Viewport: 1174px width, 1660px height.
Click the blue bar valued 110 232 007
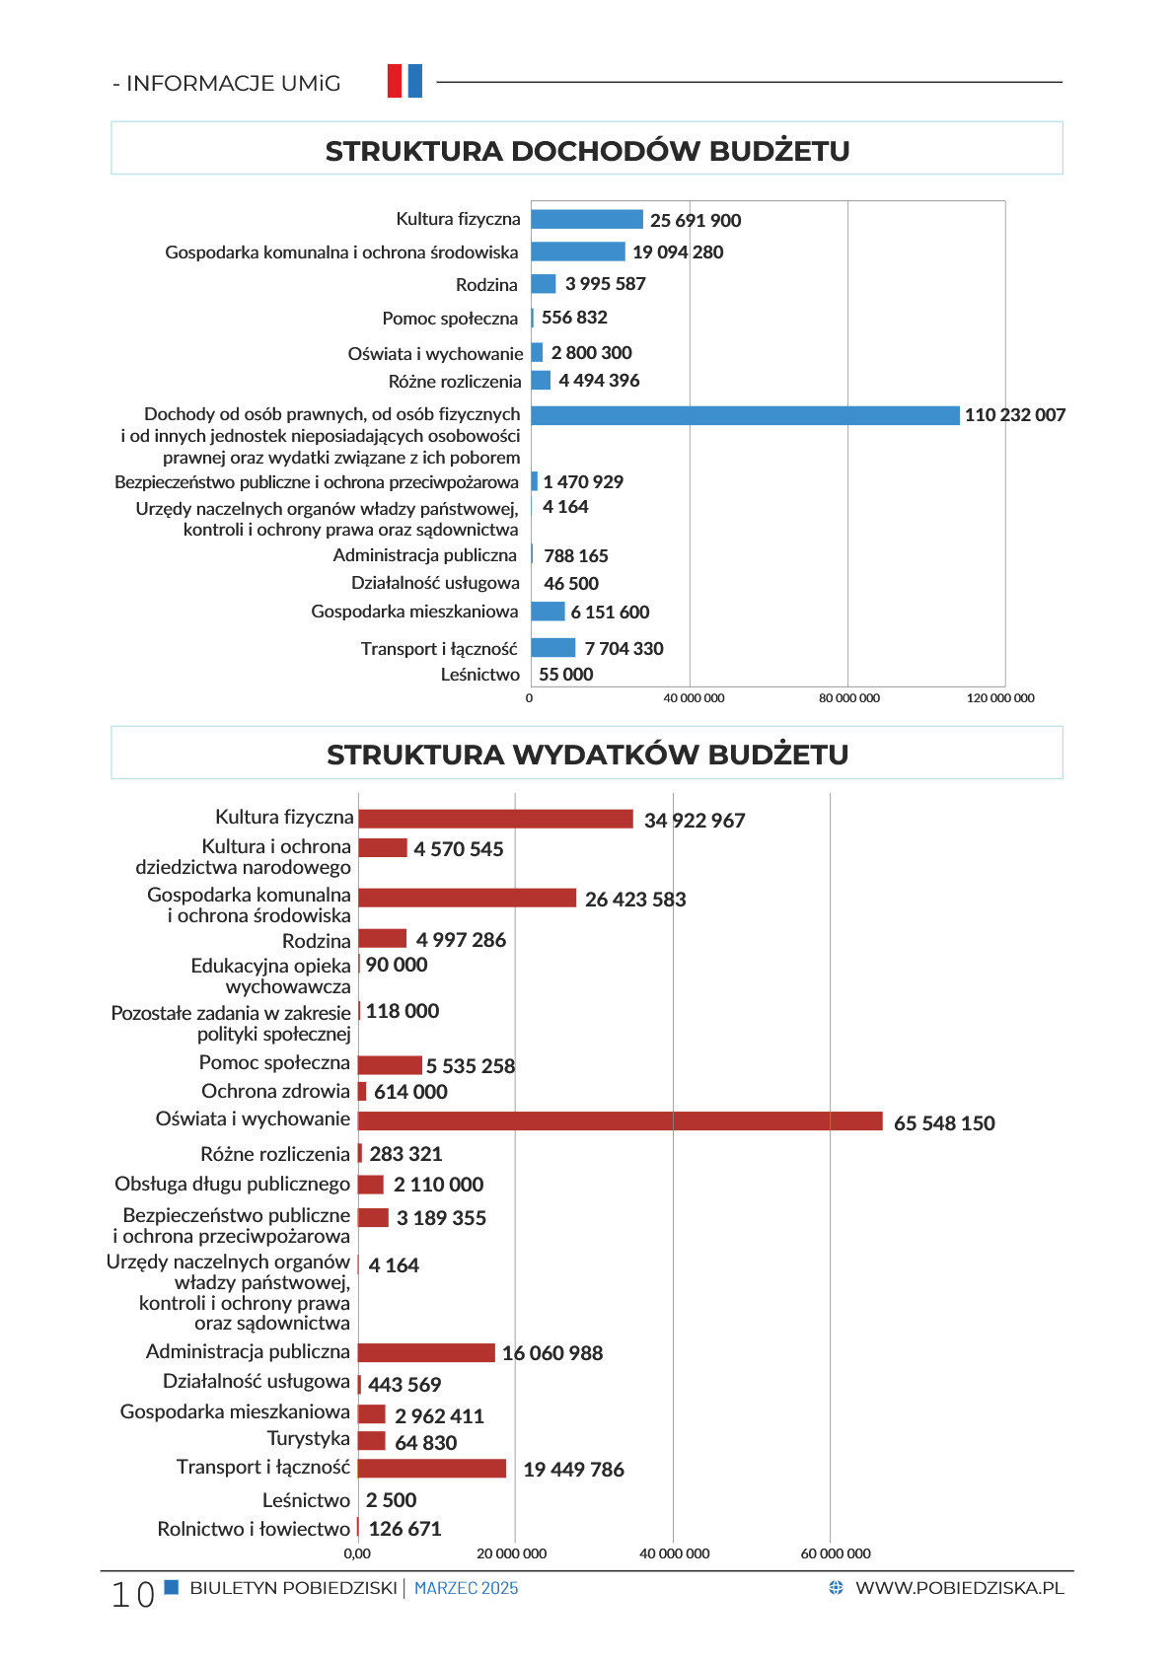745,415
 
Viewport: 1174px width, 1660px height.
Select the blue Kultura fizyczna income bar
587,219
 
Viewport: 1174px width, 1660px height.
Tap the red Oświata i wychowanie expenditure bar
621,1121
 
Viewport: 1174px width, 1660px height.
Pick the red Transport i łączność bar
432,1468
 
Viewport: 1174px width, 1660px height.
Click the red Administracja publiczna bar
426,1352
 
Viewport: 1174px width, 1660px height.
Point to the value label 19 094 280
678,252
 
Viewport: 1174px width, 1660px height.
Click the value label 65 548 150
943,1122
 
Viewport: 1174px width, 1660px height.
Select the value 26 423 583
635,899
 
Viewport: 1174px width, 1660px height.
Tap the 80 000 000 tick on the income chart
848,698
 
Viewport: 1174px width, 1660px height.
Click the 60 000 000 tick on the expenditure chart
836,1553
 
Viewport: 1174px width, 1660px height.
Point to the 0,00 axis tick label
357,1553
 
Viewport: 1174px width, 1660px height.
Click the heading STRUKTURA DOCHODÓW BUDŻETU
587,151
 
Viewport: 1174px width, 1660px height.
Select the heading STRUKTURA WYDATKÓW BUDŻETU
587,755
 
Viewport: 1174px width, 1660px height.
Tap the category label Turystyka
309,1439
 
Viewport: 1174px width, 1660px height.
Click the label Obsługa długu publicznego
232,1185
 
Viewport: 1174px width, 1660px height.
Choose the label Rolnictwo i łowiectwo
254,1529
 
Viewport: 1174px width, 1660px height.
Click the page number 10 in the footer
132,1595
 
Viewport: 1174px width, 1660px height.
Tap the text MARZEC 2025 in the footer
467,1588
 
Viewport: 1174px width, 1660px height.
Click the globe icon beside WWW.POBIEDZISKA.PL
836,1587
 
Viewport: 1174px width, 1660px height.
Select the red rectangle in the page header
395,81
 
